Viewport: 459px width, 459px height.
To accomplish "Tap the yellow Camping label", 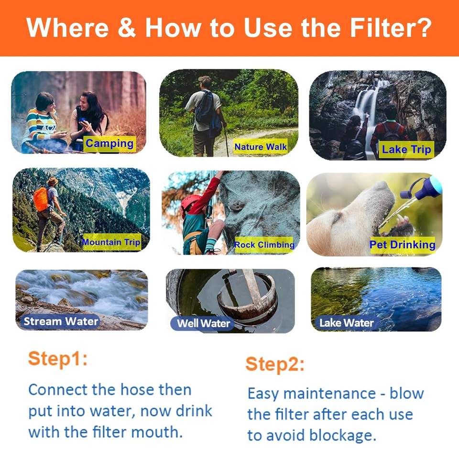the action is point(110,144).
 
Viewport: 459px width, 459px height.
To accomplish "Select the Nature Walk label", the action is point(260,146).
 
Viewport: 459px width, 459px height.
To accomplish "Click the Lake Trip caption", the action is point(406,149).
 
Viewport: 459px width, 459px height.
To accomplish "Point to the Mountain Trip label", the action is point(112,242).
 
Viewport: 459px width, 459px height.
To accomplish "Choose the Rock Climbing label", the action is point(264,245).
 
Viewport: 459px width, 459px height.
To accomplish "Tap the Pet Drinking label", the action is point(402,245).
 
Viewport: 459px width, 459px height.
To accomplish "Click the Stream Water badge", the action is point(60,321).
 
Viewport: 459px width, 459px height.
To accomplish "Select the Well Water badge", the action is point(203,323).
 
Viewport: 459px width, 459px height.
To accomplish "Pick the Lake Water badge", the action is point(346,323).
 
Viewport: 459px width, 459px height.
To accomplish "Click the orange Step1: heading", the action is point(58,359).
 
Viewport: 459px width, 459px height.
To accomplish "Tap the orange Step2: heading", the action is point(275,364).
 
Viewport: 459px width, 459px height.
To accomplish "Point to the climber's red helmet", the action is point(191,203).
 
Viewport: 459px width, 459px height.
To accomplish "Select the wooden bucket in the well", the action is point(247,298).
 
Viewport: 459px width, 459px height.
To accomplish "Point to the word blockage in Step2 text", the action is point(342,436).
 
